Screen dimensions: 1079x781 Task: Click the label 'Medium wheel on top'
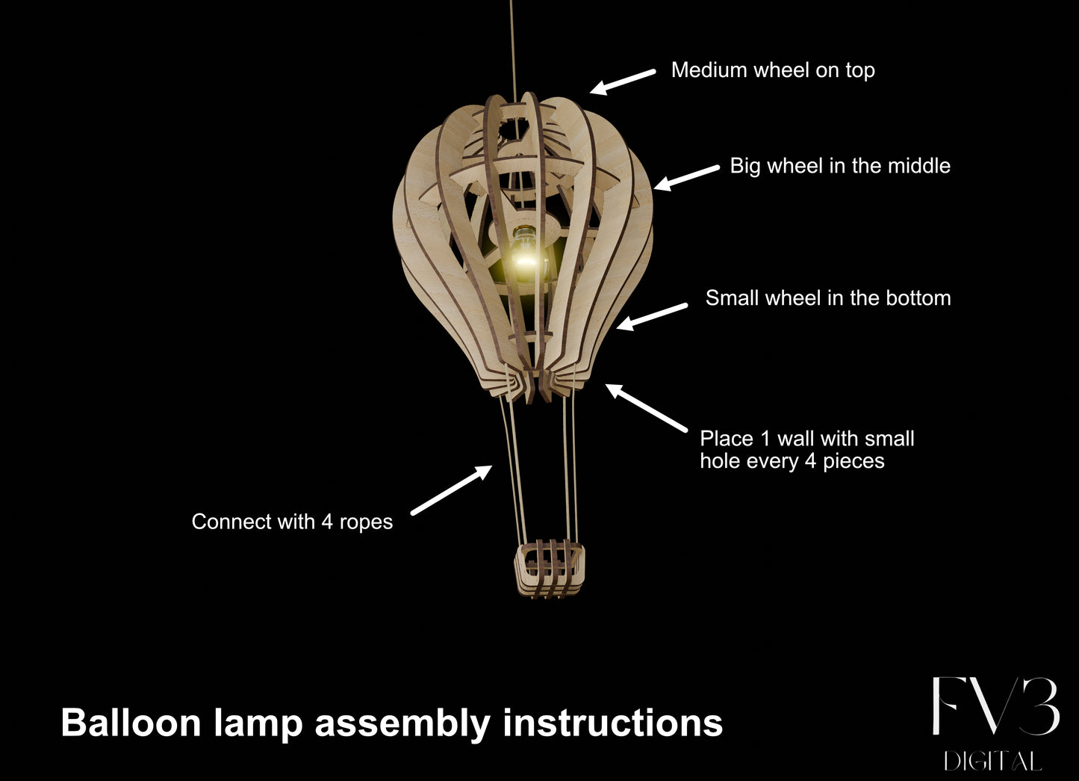click(x=773, y=70)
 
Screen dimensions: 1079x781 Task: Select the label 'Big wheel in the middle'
click(x=840, y=167)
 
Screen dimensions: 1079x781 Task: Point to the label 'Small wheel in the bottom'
click(x=828, y=298)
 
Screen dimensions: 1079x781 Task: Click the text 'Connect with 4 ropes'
click(x=292, y=522)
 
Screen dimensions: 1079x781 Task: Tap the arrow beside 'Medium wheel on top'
click(x=623, y=81)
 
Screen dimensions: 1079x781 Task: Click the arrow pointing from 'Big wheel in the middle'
click(x=686, y=178)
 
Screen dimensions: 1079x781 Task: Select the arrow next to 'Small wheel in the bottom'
click(x=652, y=317)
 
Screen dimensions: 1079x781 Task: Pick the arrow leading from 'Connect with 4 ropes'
click(x=451, y=490)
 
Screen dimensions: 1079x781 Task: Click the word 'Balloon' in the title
click(x=131, y=723)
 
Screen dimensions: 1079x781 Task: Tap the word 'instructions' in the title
click(x=613, y=723)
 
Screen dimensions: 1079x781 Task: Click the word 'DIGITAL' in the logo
click(x=993, y=762)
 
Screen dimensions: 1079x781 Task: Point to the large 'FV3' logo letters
click(x=996, y=707)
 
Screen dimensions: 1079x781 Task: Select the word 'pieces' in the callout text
click(x=853, y=462)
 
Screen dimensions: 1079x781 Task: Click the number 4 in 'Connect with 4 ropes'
click(x=327, y=522)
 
